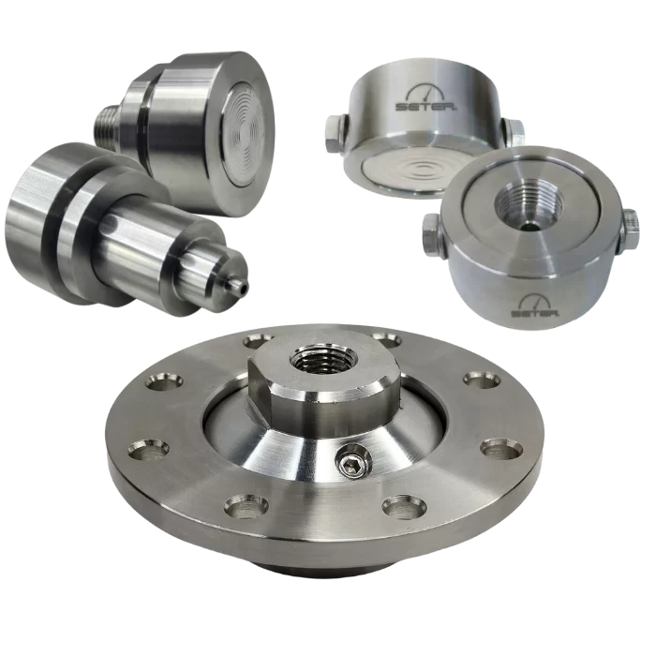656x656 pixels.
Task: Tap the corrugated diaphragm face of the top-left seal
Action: [246, 133]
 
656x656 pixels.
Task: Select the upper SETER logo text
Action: [426, 106]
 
